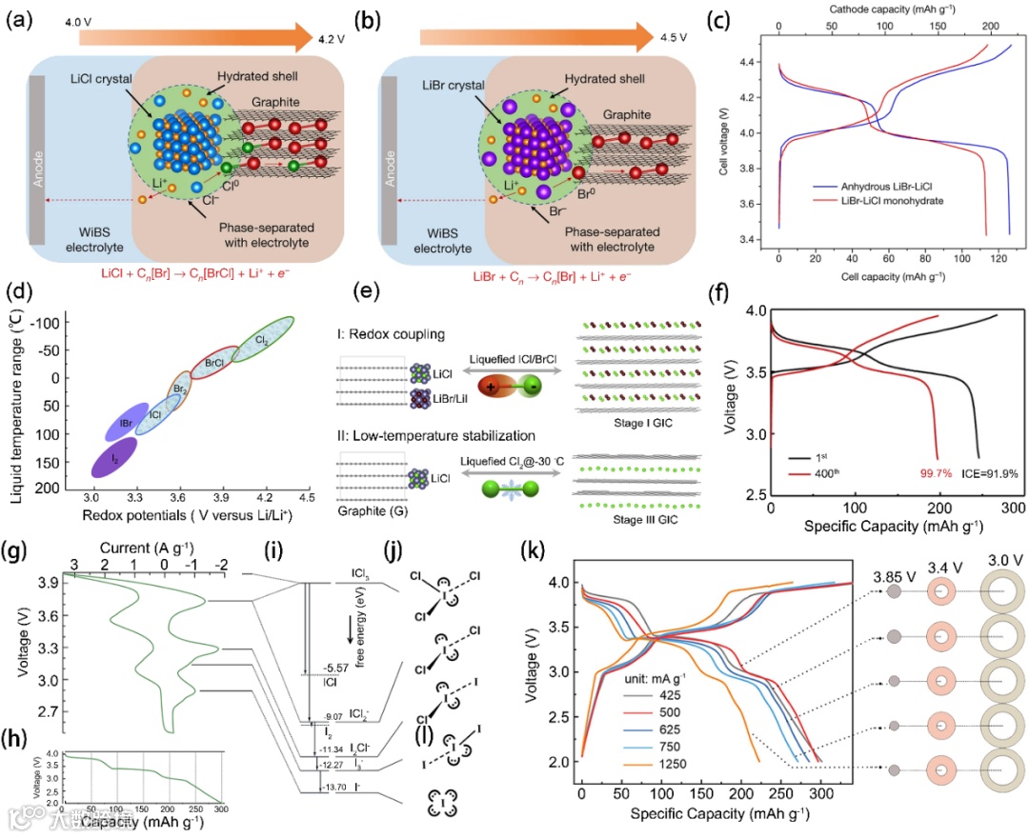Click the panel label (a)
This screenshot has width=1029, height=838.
coord(21,21)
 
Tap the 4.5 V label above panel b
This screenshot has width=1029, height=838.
coord(675,39)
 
